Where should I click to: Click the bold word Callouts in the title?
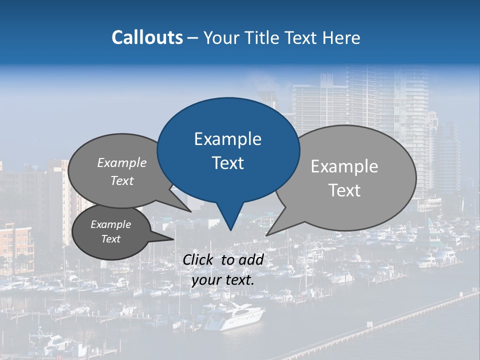coord(147,37)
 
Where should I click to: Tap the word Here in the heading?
coord(341,37)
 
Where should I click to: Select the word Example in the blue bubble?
coord(227,139)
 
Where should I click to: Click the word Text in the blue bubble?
coord(227,163)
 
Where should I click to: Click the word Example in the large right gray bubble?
coord(344,166)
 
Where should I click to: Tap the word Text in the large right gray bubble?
coord(344,190)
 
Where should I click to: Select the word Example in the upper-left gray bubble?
coord(122,163)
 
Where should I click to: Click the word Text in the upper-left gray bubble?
coord(122,181)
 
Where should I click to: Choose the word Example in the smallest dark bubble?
coord(110,225)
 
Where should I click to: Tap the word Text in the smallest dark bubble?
coord(110,239)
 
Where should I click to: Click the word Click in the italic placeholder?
coord(199,259)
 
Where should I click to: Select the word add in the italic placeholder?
coord(251,259)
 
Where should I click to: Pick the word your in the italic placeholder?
coord(206,280)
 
